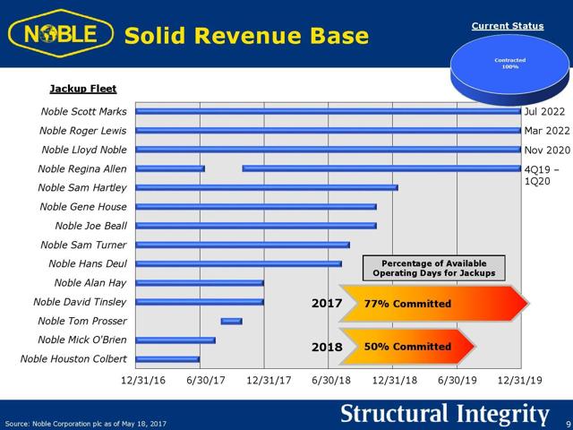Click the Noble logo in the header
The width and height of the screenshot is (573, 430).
pyautogui.click(x=61, y=35)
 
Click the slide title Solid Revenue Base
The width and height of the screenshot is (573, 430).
pyautogui.click(x=246, y=36)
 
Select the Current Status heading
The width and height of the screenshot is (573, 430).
pyautogui.click(x=508, y=26)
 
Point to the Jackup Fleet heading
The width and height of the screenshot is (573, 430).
pyautogui.click(x=83, y=90)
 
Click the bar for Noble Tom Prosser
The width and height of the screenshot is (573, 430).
pyautogui.click(x=231, y=321)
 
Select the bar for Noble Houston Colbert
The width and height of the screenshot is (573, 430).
pyautogui.click(x=167, y=359)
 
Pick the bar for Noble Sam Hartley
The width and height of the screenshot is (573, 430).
pyautogui.click(x=267, y=187)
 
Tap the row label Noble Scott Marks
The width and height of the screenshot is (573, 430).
pyautogui.click(x=84, y=112)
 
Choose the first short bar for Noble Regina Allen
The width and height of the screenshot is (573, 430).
pyautogui.click(x=170, y=168)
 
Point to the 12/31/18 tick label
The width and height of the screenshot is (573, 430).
pyautogui.click(x=395, y=380)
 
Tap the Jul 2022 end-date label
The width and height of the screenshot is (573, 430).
pyautogui.click(x=544, y=112)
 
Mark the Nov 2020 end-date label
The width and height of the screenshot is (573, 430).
pyautogui.click(x=545, y=150)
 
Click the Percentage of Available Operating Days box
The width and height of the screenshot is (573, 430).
pyautogui.click(x=433, y=267)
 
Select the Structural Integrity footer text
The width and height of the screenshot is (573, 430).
pyautogui.click(x=444, y=414)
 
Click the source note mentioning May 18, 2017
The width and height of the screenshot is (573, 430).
pyautogui.click(x=85, y=423)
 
